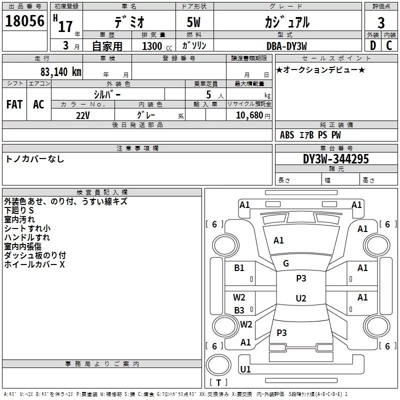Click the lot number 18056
24,21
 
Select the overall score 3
381,23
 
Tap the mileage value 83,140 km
61,72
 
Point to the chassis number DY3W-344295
336,159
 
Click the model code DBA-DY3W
286,46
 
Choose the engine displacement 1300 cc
157,46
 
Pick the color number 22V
83,115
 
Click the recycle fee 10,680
249,115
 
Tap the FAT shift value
14,104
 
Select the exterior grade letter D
373,45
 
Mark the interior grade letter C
389,45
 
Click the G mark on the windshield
286,263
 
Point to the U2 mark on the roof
301,298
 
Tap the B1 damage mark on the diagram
239,268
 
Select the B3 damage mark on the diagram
239,310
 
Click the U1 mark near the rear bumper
245,369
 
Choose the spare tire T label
218,382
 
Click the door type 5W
193,22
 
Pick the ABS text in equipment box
287,135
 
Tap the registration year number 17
65,26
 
